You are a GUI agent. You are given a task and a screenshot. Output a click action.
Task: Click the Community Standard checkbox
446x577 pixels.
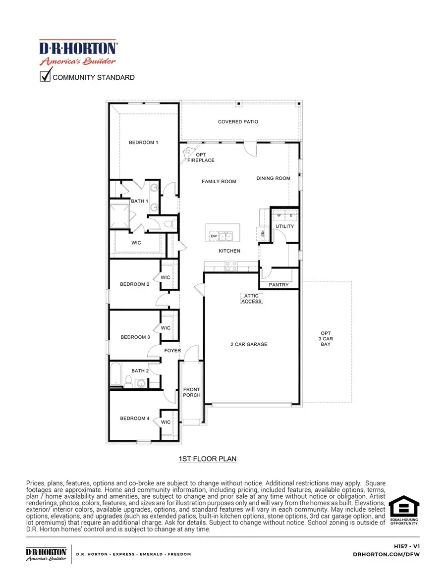pos(45,77)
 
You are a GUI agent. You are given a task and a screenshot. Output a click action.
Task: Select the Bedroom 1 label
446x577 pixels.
pos(143,143)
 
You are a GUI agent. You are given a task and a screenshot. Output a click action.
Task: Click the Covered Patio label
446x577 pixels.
pos(238,122)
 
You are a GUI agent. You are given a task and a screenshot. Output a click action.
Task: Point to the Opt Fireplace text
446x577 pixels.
pos(201,157)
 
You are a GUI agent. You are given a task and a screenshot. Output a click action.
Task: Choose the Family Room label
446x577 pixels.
pos(219,182)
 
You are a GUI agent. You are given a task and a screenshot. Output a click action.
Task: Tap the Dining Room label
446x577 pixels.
pos(273,178)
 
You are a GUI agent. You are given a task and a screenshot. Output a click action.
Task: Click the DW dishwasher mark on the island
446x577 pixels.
pos(214,236)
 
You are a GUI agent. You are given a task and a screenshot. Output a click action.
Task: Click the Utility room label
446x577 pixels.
pos(284,226)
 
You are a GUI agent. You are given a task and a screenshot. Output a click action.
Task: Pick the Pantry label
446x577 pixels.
pos(279,285)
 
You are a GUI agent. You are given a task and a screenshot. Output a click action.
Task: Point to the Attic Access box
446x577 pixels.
pos(251,298)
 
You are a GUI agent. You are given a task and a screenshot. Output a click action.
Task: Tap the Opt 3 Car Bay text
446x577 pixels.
pos(326,339)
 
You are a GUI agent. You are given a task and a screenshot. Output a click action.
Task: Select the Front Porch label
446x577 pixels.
pos(191,392)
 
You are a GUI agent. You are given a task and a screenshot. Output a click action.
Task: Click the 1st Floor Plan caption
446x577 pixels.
pos(207,459)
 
